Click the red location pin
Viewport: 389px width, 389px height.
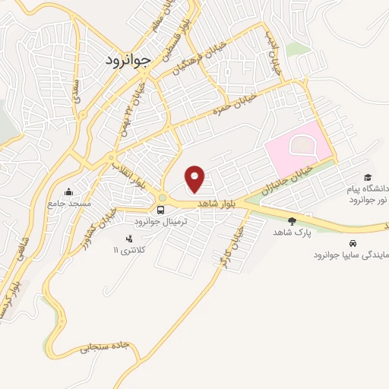coord(195,178)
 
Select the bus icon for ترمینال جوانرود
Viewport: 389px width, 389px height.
coord(160,210)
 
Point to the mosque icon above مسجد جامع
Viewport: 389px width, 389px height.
coord(69,191)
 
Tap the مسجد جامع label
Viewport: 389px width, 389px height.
coord(69,203)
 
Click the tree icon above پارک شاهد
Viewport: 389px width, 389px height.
coord(291,221)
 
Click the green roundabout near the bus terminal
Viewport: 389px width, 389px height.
coord(162,198)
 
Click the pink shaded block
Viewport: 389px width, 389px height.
coord(298,147)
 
